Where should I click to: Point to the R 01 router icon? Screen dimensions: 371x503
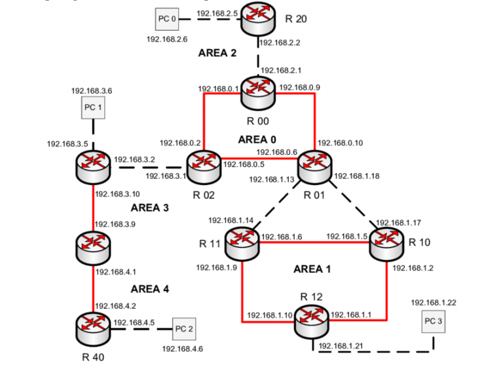[316, 165]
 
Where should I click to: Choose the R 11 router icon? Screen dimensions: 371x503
[242, 243]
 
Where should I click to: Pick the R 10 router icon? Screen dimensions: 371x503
[387, 243]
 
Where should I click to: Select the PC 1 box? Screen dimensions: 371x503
[93, 107]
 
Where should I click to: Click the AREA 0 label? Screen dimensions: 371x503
[257, 140]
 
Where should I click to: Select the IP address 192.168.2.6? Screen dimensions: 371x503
[166, 39]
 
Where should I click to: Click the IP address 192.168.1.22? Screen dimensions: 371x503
[433, 302]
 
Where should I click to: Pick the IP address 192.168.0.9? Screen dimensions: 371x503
[299, 87]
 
